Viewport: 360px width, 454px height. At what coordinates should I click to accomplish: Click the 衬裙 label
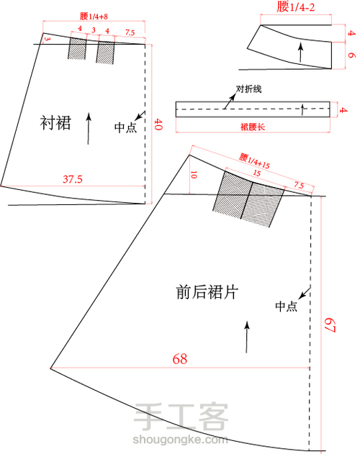click(x=55, y=124)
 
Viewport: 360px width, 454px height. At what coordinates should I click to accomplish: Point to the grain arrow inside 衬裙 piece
click(x=88, y=128)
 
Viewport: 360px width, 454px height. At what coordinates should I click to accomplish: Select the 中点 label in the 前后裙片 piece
click(x=286, y=306)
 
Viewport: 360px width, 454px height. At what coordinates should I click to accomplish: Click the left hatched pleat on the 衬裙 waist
click(x=77, y=49)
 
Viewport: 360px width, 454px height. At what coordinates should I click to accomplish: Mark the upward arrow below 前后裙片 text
click(x=246, y=337)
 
